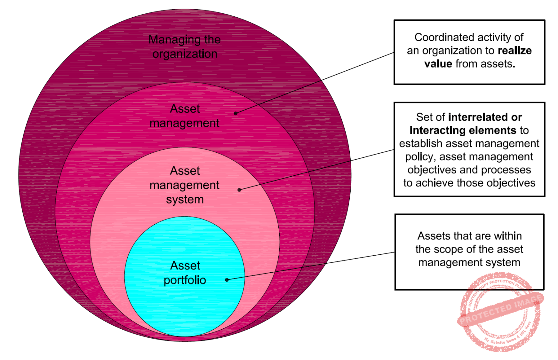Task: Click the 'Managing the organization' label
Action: (x=184, y=46)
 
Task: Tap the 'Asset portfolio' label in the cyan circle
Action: (x=185, y=273)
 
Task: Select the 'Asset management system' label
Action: (x=185, y=185)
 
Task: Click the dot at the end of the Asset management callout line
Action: (x=236, y=113)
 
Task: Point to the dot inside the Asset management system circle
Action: (x=239, y=190)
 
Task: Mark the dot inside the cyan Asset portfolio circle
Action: (x=227, y=280)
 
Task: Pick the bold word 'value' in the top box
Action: (x=438, y=64)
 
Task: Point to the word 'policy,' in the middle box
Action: (x=421, y=157)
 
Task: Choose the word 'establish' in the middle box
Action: (x=421, y=143)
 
